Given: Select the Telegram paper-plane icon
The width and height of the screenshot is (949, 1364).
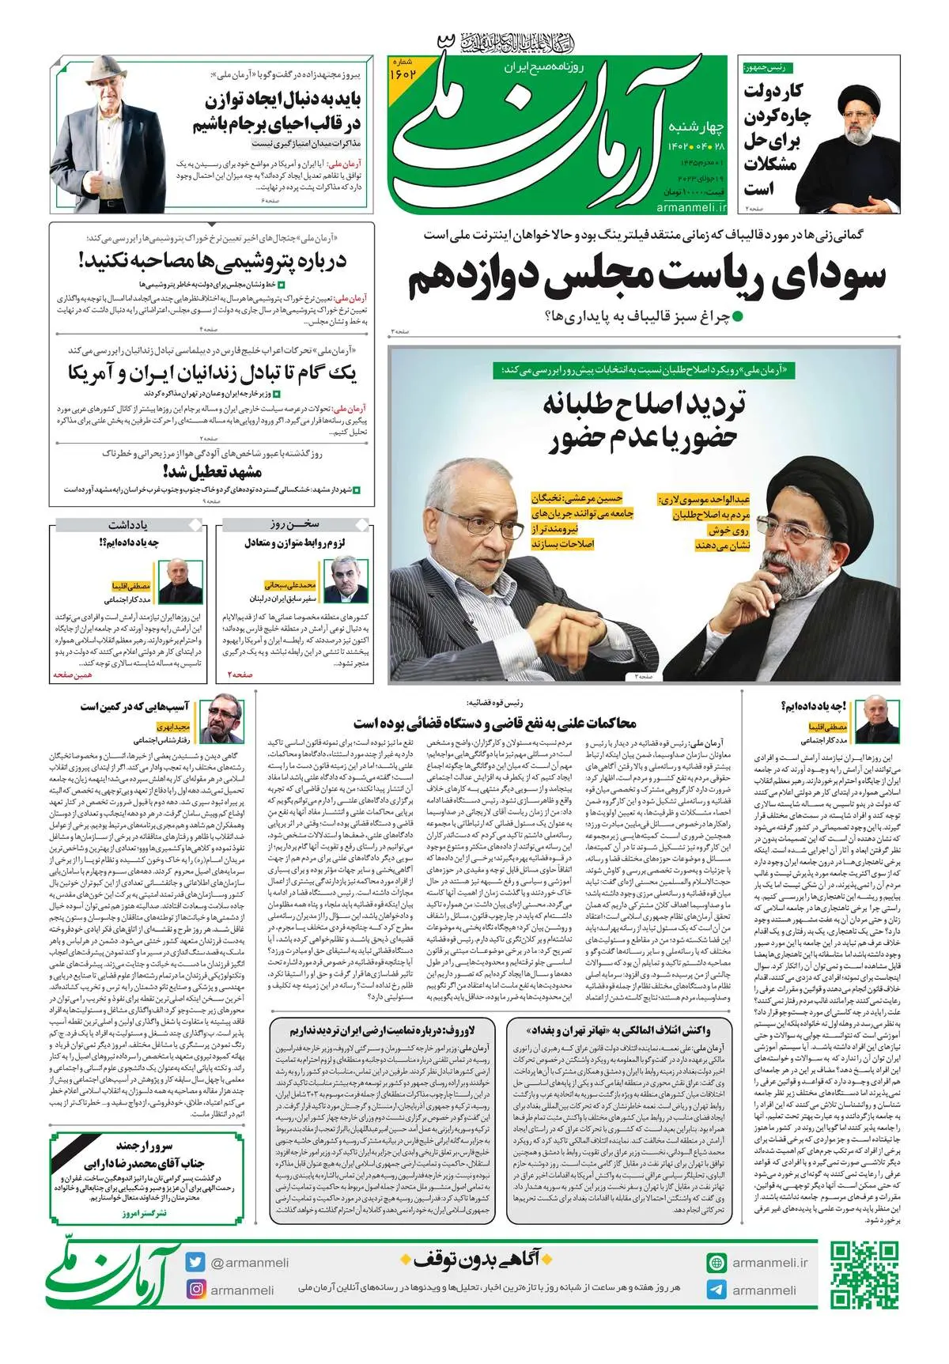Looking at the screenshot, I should pos(716,1290).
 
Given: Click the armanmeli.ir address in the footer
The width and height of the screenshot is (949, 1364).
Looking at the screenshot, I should pos(769,1263).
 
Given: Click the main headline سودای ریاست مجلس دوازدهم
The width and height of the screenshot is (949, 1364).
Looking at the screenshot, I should pos(646,278).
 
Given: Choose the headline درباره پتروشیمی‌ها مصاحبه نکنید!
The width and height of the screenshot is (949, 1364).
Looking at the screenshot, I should pos(212,261).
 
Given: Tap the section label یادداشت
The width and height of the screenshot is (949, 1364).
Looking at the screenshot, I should pos(128,524).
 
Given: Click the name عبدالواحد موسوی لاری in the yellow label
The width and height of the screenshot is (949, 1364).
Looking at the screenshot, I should pos(704,500).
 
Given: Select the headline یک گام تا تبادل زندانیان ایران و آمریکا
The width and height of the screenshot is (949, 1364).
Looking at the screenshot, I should pos(212,372).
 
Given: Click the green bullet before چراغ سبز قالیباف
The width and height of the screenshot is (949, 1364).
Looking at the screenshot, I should pos(739,316).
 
